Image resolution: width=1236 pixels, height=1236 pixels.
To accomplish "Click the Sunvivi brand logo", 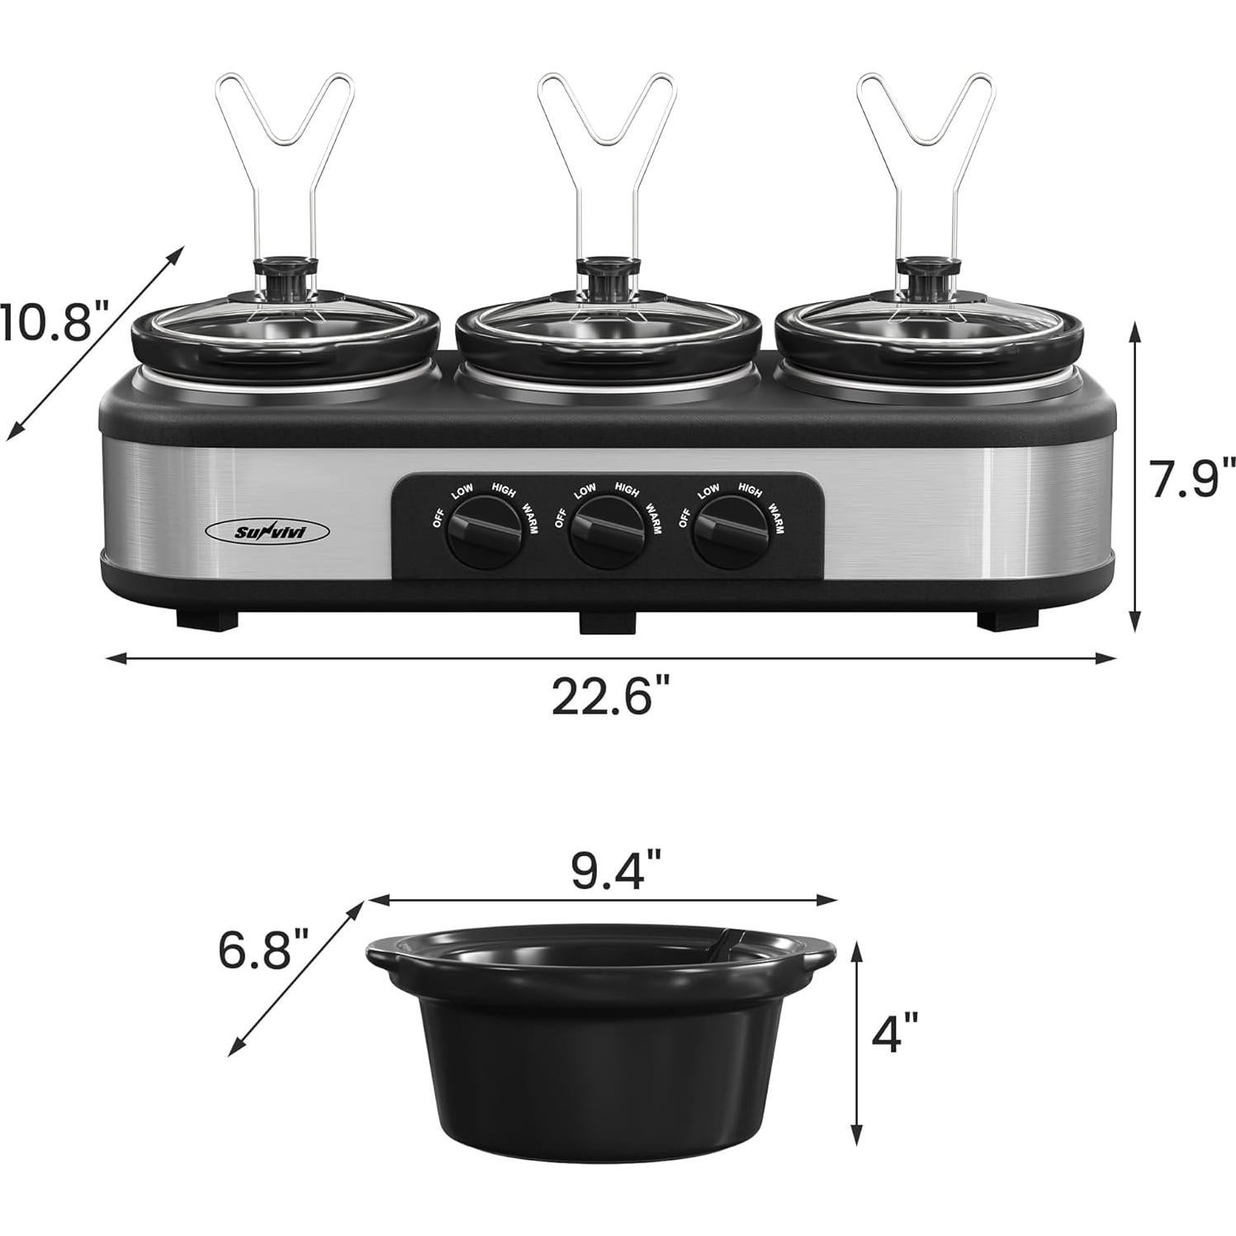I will coord(267,533).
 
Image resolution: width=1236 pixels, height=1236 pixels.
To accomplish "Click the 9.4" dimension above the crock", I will coord(616,871).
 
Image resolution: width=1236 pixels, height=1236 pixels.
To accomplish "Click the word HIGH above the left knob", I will coord(503,491).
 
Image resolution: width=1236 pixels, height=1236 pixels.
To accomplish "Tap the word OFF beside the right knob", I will coord(684,517).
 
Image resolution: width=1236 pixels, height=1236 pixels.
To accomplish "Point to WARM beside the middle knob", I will coord(653,519).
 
